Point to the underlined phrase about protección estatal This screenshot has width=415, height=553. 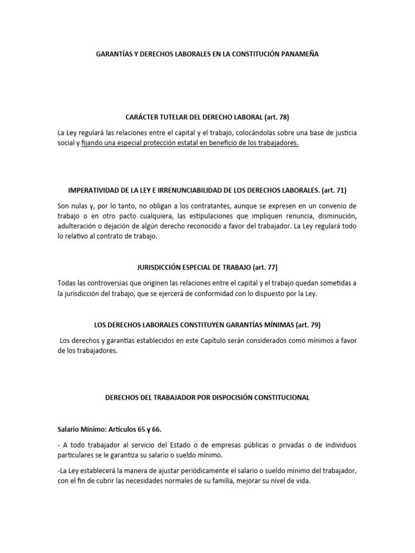point(190,144)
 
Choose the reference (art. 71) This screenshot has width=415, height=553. point(334,190)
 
